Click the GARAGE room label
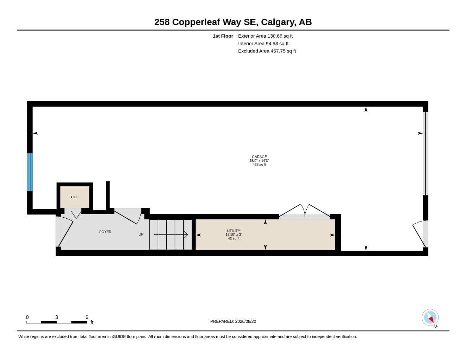(x=259, y=157)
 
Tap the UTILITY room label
(x=233, y=231)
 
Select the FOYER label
(x=105, y=232)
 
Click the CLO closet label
(x=75, y=197)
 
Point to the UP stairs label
(x=141, y=234)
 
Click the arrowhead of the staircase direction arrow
(x=186, y=234)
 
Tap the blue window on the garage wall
(x=30, y=172)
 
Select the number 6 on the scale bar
(x=87, y=317)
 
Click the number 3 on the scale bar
(x=57, y=317)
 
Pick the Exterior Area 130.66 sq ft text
(x=265, y=36)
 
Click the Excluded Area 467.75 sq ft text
(x=267, y=51)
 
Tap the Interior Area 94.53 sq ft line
(x=263, y=44)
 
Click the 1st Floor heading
(x=223, y=36)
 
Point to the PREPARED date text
(x=233, y=321)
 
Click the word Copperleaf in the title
(x=196, y=22)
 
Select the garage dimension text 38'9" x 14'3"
(x=259, y=161)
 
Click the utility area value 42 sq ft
(x=233, y=238)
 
